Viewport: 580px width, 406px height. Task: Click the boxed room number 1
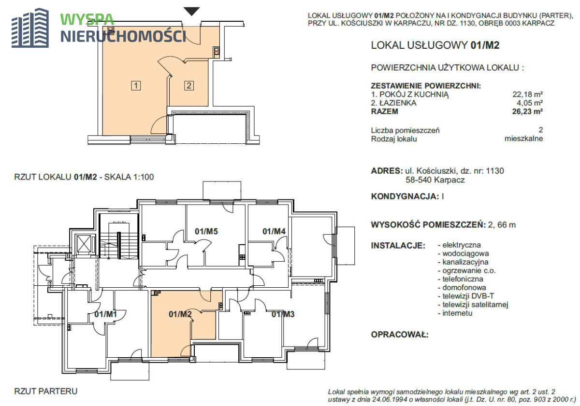136,85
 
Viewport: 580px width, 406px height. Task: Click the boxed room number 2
189,85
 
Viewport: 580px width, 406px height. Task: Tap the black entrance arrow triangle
191,12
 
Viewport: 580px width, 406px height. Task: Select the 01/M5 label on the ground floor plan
206,231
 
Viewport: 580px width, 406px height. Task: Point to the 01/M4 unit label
274,231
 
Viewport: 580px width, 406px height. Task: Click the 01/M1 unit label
106,314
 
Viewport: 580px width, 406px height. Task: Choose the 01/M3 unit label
283,314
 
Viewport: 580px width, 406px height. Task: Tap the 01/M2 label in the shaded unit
180,314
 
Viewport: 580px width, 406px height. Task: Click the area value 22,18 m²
528,95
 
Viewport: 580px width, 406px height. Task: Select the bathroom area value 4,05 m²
530,103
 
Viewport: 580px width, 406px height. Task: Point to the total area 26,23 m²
527,112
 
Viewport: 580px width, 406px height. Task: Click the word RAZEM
385,112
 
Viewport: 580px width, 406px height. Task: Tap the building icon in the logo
30,28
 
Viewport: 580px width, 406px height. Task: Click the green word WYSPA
87,20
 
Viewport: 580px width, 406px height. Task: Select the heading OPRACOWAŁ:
400,335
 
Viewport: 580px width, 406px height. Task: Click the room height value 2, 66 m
502,224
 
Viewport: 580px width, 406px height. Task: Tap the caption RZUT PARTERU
46,391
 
